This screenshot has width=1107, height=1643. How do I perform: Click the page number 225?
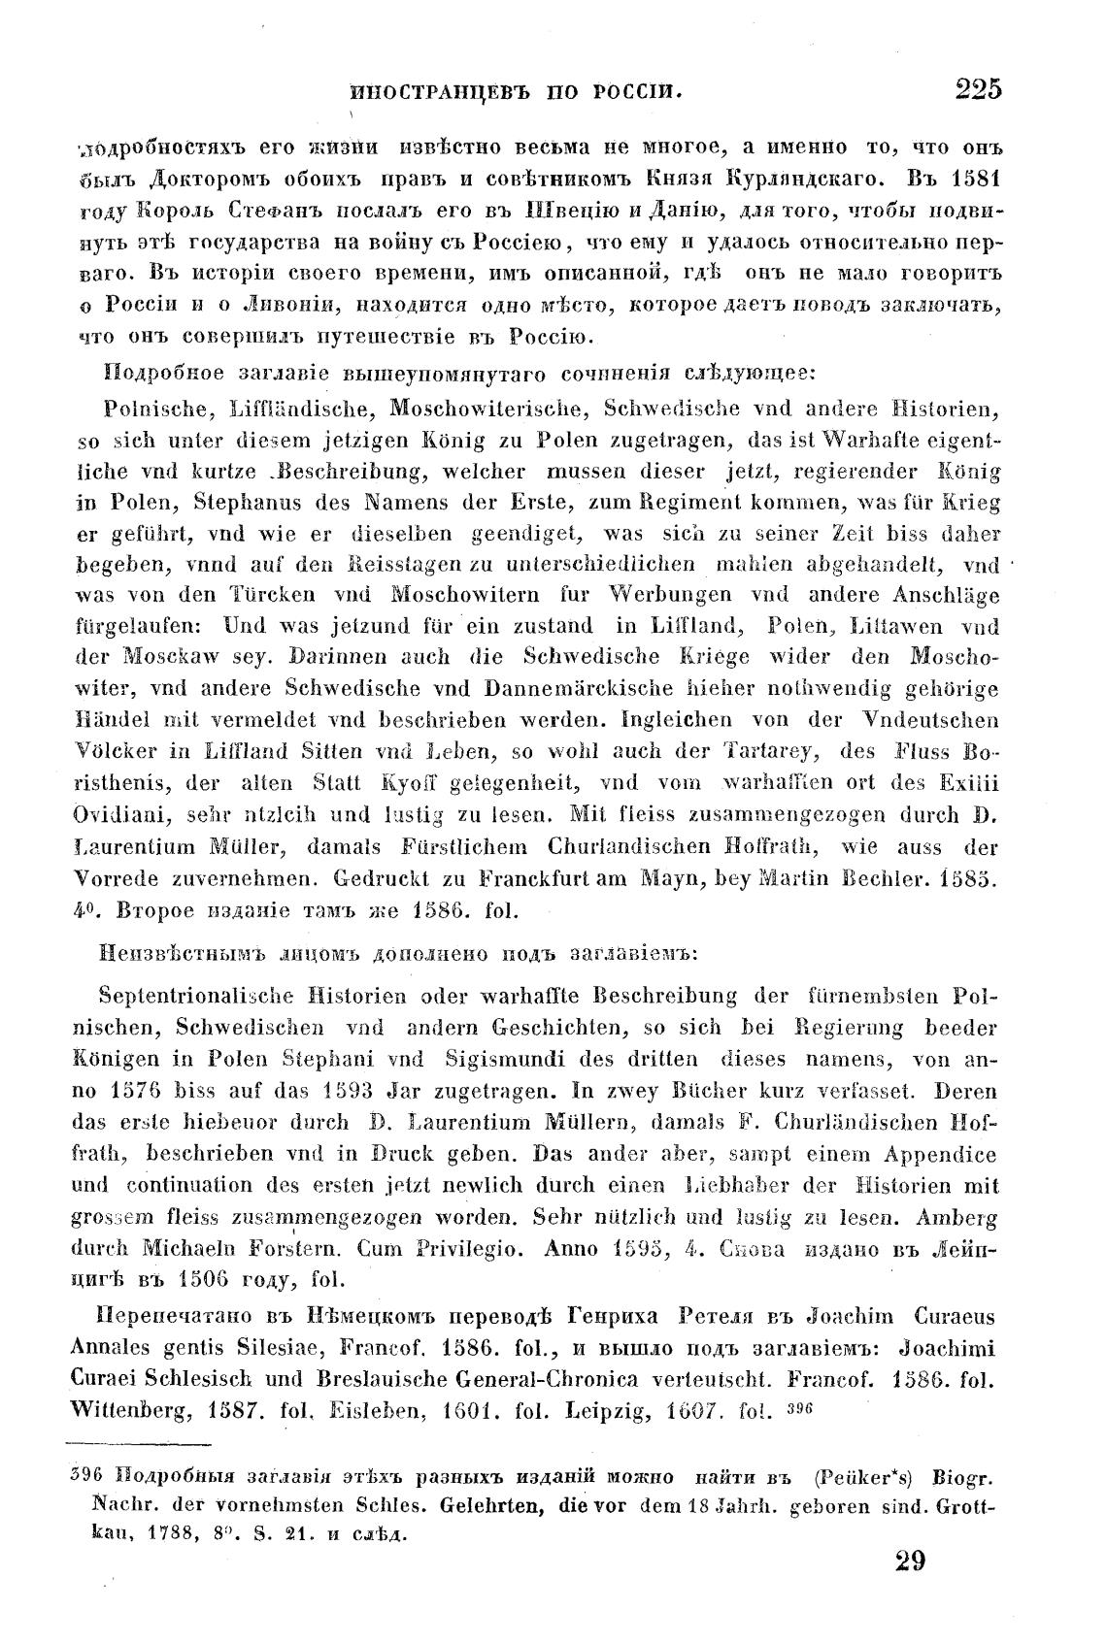tap(977, 90)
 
